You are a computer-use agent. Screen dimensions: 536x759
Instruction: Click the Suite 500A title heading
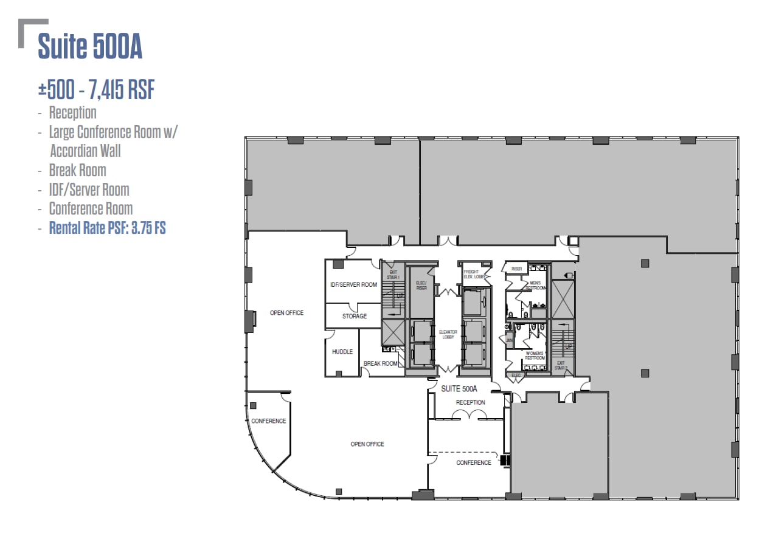tap(90, 47)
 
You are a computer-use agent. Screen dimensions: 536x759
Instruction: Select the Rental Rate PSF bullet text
tap(108, 228)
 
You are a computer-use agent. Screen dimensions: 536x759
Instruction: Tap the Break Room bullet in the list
tap(77, 170)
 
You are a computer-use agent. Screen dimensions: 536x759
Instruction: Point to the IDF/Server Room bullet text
tap(89, 190)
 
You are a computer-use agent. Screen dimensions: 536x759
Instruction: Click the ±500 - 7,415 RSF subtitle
tap(96, 91)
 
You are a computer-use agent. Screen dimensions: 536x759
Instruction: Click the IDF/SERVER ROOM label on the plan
tap(353, 284)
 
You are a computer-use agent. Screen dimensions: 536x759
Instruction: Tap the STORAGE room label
tap(355, 316)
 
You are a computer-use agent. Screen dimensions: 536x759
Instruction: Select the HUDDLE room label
tap(342, 352)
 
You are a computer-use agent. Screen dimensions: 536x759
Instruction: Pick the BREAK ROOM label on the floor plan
tap(380, 363)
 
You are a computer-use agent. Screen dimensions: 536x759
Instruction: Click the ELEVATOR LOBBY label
tap(448, 334)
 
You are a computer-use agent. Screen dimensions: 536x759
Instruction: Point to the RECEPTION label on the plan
tap(471, 402)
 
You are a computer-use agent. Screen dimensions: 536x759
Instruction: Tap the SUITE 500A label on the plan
tap(460, 389)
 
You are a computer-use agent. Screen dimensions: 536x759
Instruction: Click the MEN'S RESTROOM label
tap(535, 285)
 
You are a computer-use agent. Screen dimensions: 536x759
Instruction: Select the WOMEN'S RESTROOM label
tap(535, 356)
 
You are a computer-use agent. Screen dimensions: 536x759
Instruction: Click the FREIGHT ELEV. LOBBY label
tap(471, 274)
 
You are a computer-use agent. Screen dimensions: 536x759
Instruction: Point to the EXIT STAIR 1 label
tap(393, 274)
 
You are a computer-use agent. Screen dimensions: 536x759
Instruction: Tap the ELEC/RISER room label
tap(421, 286)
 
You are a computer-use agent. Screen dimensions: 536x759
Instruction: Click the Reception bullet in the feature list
tap(72, 112)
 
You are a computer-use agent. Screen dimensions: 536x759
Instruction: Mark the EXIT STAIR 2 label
tap(561, 365)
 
